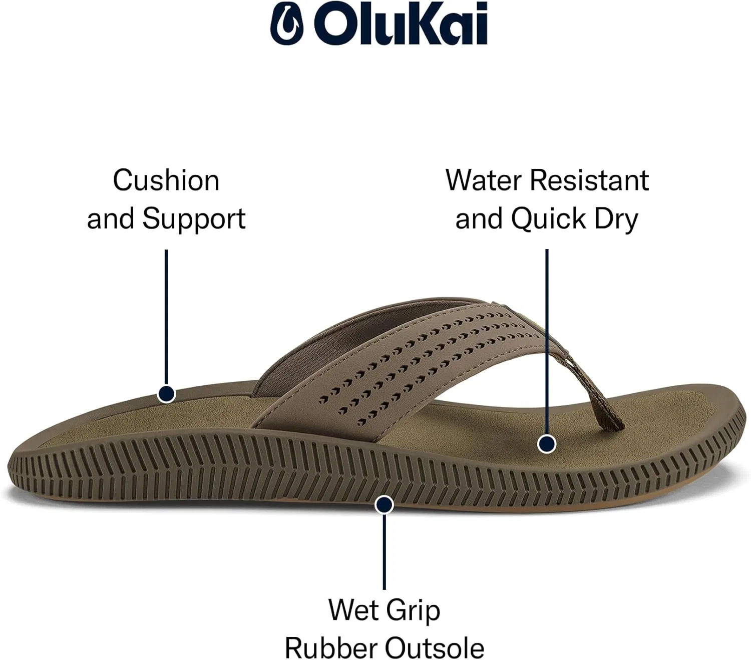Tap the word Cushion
[x=166, y=181]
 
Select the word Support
[x=194, y=219]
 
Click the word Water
[x=484, y=181]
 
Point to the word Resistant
[x=589, y=181]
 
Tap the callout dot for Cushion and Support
[x=166, y=393]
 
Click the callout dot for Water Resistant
[x=547, y=444]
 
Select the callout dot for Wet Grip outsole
[x=384, y=505]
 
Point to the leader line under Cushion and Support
[x=166, y=317]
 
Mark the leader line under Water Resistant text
[x=547, y=342]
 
